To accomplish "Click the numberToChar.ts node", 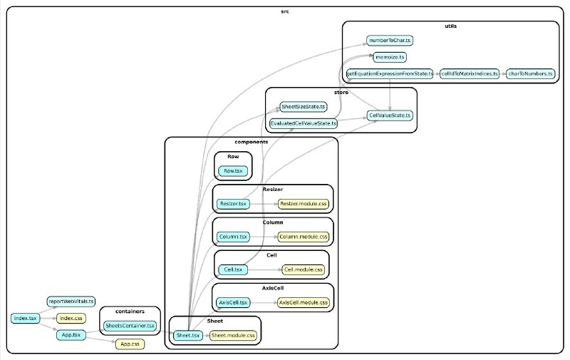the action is (x=389, y=41).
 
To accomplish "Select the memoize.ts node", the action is (x=390, y=57).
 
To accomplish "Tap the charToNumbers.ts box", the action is (x=530, y=74).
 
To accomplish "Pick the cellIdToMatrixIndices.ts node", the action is (x=470, y=74).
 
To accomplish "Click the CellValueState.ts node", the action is (x=390, y=115).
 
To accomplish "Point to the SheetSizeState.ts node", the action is (x=304, y=107).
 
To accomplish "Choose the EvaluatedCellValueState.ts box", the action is (x=304, y=123).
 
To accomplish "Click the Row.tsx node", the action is (x=233, y=171).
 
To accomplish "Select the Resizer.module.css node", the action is (x=304, y=204).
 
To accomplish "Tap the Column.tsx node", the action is (x=233, y=237).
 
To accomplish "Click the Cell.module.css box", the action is (x=304, y=269).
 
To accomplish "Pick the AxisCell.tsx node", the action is (x=233, y=302).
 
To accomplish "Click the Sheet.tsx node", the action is (x=188, y=336).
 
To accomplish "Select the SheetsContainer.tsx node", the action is (x=130, y=326).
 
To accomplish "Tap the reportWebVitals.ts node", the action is (x=71, y=302).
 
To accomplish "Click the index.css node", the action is (x=71, y=319).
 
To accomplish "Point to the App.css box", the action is (x=130, y=344).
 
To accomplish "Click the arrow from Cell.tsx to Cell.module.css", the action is (x=265, y=269).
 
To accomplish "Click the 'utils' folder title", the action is (x=451, y=26).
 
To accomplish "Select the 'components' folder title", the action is (x=252, y=142).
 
